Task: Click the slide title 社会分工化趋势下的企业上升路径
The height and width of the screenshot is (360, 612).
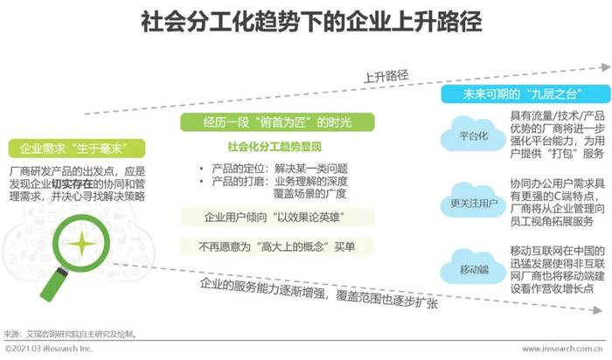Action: pos(311,22)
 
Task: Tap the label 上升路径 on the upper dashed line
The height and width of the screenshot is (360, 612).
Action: pos(386,76)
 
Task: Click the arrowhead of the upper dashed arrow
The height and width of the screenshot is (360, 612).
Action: pos(605,67)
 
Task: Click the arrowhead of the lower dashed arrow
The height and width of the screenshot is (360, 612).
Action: pos(598,310)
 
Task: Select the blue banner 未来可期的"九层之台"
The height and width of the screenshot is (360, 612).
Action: pos(525,94)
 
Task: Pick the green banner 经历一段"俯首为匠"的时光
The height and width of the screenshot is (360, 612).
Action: pos(277,122)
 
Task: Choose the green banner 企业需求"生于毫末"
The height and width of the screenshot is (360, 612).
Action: pos(77,149)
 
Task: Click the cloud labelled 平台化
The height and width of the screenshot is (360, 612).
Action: pos(473,135)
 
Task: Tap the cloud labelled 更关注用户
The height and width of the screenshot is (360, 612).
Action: pos(473,202)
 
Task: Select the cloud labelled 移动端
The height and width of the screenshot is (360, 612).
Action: pos(473,268)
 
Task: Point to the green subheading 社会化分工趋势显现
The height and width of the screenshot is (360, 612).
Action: pos(275,147)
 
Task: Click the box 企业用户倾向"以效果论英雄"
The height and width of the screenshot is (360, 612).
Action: pos(277,218)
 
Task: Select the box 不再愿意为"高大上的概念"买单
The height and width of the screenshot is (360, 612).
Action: pos(277,246)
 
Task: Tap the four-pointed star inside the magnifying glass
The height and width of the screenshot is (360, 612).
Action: pos(81,244)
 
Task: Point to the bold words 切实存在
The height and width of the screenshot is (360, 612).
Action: pos(73,183)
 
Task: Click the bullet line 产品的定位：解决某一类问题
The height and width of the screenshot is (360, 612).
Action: pos(273,169)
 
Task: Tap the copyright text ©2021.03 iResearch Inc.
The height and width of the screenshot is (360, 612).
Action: pos(48,349)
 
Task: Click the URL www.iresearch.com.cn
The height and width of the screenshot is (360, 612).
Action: pos(562,349)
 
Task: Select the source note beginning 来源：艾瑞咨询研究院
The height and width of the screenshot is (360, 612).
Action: pos(70,335)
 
